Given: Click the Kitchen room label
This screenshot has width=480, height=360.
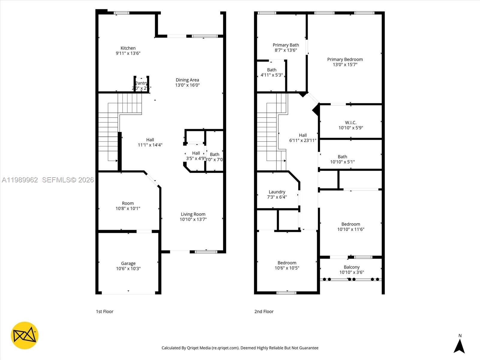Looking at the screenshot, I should pos(128,48).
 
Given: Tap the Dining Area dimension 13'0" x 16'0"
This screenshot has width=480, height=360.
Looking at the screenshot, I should pos(187,85).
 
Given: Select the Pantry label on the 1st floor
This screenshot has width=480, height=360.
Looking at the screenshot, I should pos(141,83).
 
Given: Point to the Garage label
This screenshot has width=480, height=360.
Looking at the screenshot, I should pos(128,263).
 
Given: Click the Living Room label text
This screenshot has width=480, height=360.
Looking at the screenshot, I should pos(193,214).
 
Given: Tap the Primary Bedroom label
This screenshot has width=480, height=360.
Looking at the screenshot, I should pos(345,59).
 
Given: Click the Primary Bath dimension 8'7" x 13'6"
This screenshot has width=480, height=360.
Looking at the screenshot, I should pos(286,50).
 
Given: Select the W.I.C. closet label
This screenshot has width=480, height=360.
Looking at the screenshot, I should pos(351,122).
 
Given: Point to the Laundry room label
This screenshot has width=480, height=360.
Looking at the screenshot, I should pos(277,192).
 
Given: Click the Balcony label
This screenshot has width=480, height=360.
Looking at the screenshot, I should pos(352,267).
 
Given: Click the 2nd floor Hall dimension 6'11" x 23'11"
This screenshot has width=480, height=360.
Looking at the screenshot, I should pos(303,140).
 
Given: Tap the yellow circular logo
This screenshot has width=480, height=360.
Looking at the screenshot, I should pos(25,335).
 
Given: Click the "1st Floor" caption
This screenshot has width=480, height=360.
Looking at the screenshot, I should pos(105,311).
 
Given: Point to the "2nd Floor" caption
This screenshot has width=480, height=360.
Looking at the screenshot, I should pos(264,311).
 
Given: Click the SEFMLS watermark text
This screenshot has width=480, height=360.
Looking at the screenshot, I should pos(68,180).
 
